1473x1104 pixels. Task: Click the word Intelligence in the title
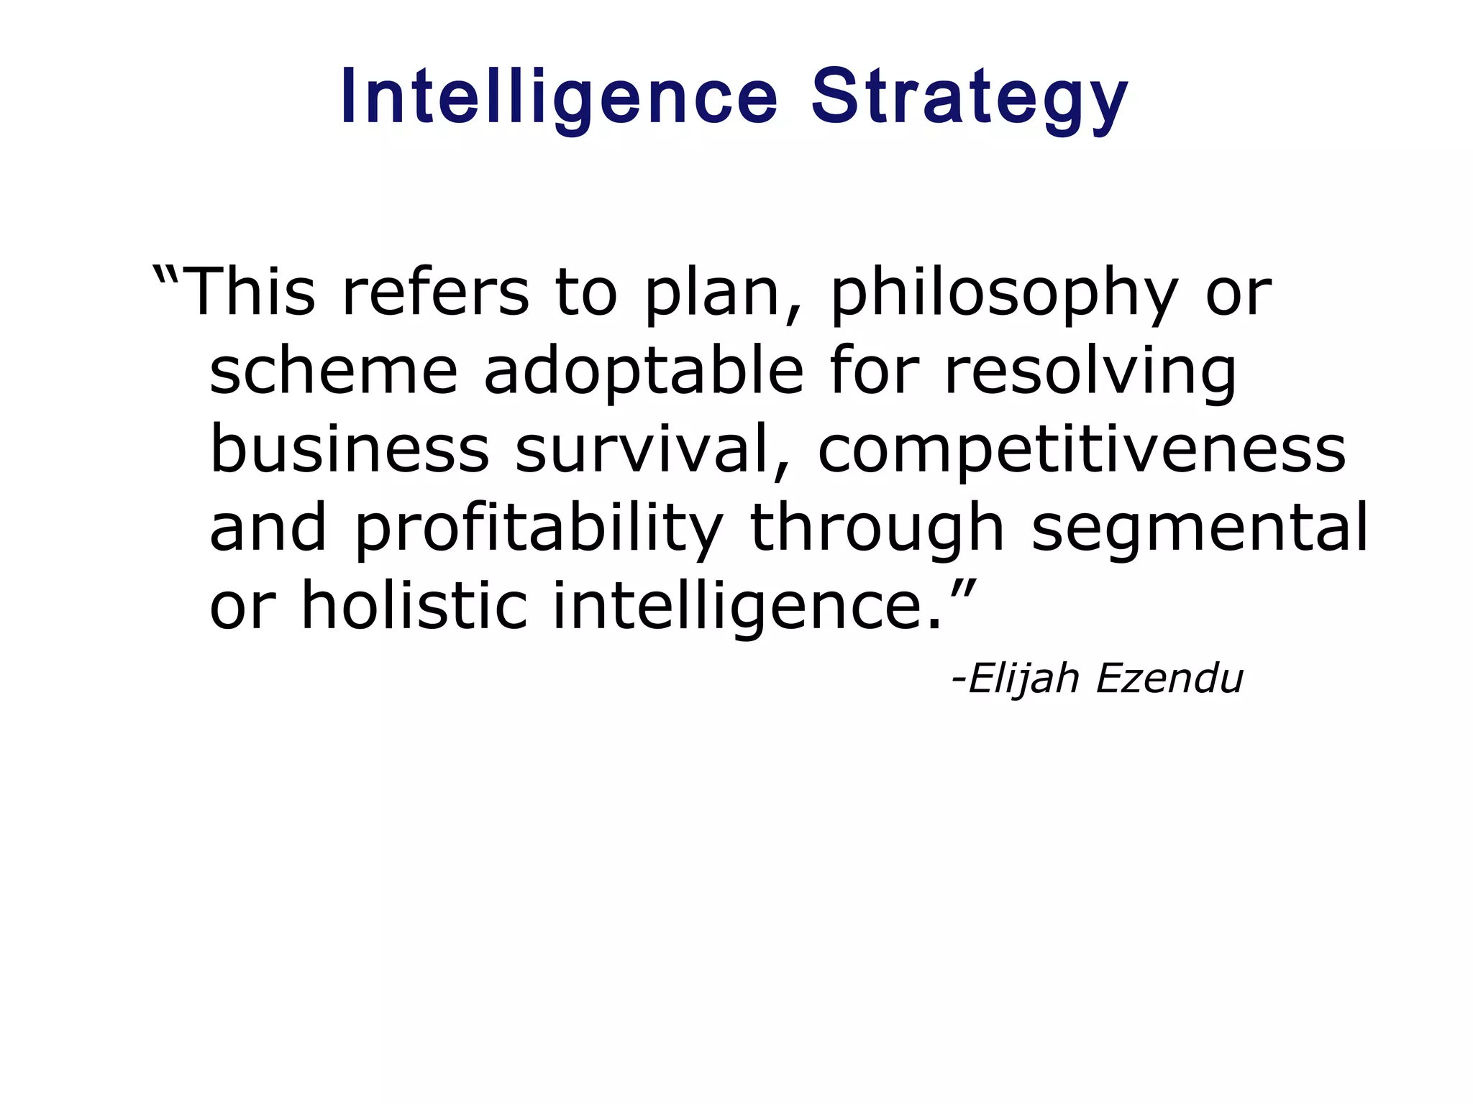(x=559, y=97)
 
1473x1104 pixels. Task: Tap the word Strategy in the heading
(x=970, y=97)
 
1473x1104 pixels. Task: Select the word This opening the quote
(x=250, y=292)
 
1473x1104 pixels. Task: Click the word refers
(x=435, y=292)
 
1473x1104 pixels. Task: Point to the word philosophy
(x=1004, y=292)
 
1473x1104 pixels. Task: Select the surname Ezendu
(x=1169, y=678)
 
